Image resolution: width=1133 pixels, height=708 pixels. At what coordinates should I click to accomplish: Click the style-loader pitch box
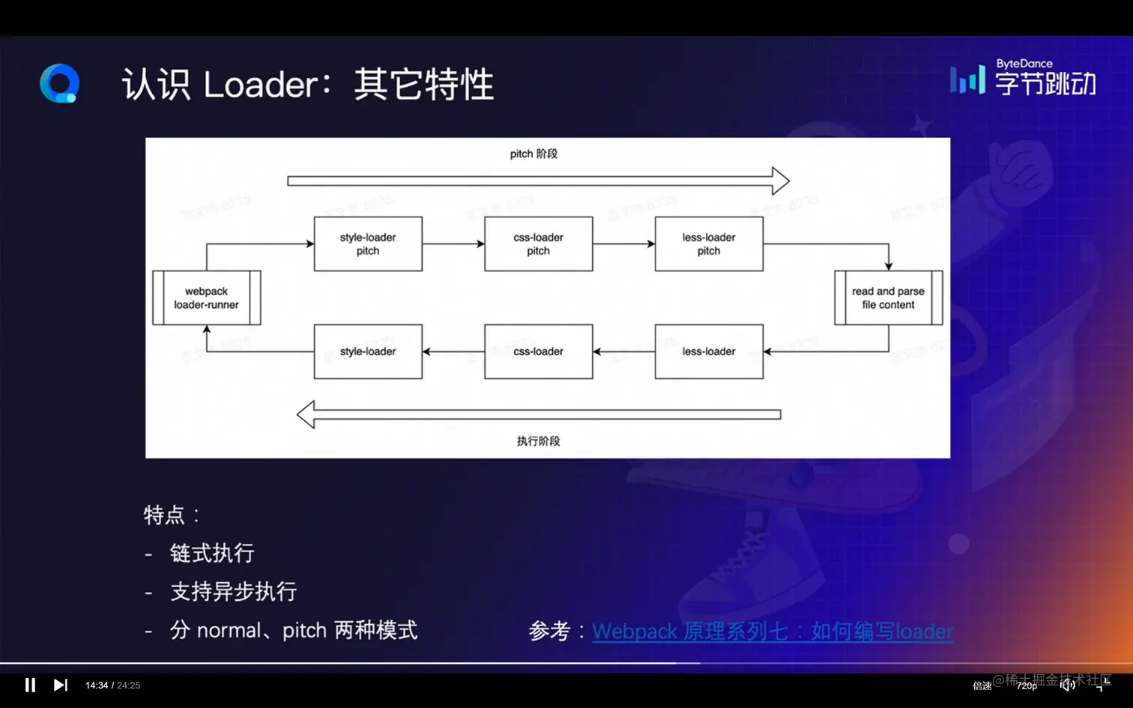pos(368,244)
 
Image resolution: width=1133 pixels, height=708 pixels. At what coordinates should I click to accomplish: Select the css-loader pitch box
pos(538,244)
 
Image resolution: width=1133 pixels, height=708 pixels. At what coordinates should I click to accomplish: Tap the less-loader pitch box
pos(709,244)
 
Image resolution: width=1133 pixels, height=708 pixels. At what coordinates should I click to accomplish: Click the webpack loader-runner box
pos(206,298)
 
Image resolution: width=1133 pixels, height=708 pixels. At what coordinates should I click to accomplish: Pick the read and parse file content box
pos(888,298)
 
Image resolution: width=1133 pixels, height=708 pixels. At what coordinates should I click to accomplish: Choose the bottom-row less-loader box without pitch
pos(709,351)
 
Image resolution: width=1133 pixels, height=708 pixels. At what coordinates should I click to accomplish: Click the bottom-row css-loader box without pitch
pos(538,351)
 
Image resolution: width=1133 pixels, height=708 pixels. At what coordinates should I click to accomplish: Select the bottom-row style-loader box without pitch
pos(368,351)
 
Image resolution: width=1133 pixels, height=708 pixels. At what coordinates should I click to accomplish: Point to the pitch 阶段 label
pos(534,154)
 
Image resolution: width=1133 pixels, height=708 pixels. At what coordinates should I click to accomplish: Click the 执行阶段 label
pos(538,441)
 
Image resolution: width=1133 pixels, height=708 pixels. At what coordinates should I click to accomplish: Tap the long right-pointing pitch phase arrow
pos(537,181)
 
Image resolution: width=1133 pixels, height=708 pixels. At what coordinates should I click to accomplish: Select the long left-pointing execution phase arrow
pos(538,414)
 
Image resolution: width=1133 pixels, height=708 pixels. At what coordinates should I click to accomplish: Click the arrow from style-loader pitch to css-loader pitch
pos(453,243)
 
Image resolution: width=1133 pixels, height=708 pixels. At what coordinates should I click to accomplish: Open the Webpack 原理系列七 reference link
pos(772,632)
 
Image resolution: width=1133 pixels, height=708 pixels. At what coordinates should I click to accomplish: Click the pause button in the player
pos(30,685)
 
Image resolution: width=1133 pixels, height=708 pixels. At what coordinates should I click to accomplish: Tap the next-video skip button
pos(61,685)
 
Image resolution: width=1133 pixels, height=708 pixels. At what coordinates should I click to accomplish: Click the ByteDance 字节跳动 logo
pos(1024,77)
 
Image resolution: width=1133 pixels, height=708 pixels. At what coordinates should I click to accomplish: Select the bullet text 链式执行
pos(212,553)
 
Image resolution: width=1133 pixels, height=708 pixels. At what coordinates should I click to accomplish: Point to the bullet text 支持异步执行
pos(233,592)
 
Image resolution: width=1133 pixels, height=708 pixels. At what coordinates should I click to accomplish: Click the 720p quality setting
pos(1027,686)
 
